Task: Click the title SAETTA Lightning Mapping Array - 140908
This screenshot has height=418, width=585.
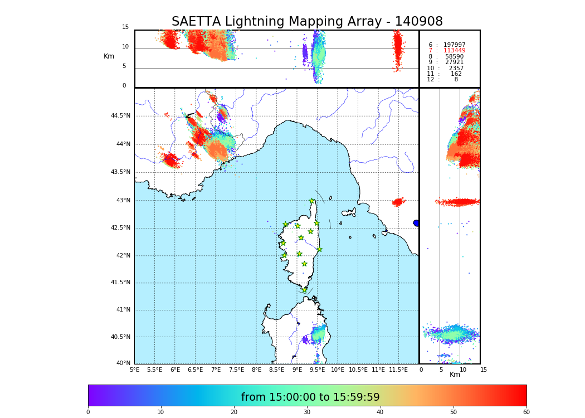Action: pyautogui.click(x=307, y=22)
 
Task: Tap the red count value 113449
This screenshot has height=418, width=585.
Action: pyautogui.click(x=454, y=51)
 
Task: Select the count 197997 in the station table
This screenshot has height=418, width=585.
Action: pyautogui.click(x=454, y=45)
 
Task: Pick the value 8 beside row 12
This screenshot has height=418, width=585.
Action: pyautogui.click(x=456, y=80)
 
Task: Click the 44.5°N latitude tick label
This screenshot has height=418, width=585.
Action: pyautogui.click(x=120, y=116)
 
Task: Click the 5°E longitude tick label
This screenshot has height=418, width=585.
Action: pyautogui.click(x=135, y=370)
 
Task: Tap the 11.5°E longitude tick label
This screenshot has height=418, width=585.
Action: pyautogui.click(x=398, y=370)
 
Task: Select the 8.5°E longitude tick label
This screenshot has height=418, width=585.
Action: pyautogui.click(x=276, y=370)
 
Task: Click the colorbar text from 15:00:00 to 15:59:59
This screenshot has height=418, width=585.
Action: pyautogui.click(x=310, y=397)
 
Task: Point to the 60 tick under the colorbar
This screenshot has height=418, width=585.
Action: pyautogui.click(x=526, y=412)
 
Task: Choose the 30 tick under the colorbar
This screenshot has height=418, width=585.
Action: pyautogui.click(x=307, y=412)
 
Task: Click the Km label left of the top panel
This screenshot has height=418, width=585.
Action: pyautogui.click(x=109, y=56)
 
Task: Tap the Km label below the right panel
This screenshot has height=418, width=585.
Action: pyautogui.click(x=455, y=375)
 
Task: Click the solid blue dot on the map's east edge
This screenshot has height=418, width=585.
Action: pyautogui.click(x=416, y=223)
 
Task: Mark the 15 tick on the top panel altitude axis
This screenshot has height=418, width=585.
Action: pyautogui.click(x=125, y=27)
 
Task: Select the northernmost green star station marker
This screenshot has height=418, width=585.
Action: pyautogui.click(x=312, y=201)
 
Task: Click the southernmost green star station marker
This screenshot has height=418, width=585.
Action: pyautogui.click(x=304, y=290)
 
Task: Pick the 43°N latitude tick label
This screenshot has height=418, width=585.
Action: pyautogui.click(x=123, y=201)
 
